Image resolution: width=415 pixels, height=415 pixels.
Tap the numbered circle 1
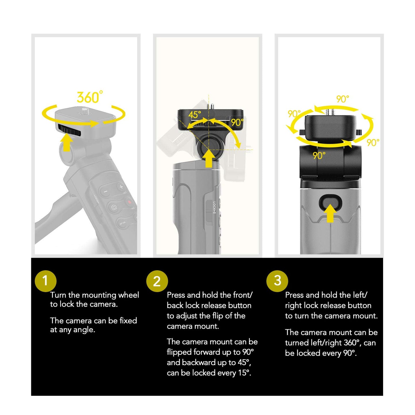[46, 281]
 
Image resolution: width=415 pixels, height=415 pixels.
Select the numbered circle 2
[157, 281]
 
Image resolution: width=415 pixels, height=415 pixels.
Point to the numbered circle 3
[277, 281]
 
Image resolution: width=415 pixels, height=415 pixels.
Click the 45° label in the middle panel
[194, 115]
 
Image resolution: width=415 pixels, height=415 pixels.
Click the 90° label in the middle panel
[237, 122]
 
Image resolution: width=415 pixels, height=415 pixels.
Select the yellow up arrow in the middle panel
[209, 159]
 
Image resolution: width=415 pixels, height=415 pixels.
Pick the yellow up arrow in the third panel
[330, 213]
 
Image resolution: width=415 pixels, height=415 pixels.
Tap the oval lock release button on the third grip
[330, 202]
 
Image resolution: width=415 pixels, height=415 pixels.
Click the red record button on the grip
[130, 202]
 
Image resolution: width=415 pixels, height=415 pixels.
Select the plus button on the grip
[121, 187]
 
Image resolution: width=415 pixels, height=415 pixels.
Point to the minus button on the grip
[105, 192]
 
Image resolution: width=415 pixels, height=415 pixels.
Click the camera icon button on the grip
[114, 207]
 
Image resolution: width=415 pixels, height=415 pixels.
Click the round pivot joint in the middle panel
[208, 147]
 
